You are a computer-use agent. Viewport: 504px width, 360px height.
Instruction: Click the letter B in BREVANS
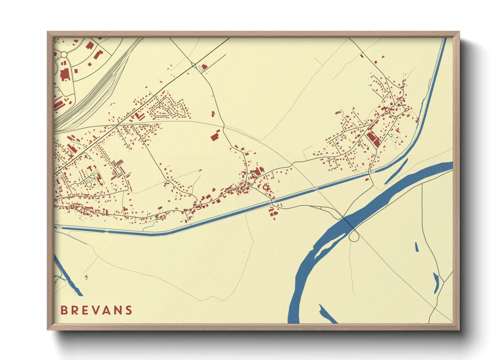coord(64,310)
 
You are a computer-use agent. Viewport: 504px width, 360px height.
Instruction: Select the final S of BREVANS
coord(128,310)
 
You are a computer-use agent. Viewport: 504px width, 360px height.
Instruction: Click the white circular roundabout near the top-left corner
coord(64,54)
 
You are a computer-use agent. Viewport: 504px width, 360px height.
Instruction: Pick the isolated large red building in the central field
coord(215,136)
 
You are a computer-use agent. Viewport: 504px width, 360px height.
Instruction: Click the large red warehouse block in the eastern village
coord(373,139)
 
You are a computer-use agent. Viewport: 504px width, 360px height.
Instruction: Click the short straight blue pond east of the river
coord(416,247)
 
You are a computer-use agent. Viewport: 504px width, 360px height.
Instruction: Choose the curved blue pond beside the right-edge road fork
coord(436,283)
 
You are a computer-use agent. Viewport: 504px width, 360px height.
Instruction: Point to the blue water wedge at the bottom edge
coord(327,315)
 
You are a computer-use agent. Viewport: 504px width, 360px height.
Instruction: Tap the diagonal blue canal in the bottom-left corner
coord(68,276)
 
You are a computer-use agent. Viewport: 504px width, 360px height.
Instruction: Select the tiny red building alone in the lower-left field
coord(86,277)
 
